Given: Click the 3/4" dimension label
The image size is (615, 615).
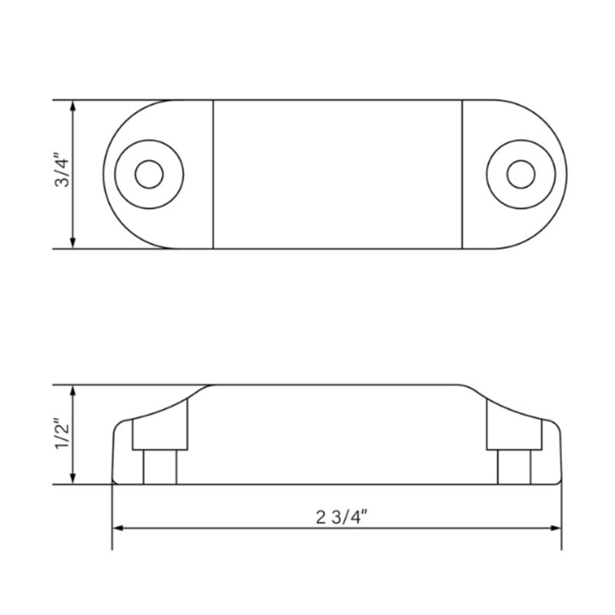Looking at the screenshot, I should click(62, 172).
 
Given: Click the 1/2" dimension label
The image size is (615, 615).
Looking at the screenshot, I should click(62, 436).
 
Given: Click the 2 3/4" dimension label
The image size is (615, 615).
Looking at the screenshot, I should click(337, 516).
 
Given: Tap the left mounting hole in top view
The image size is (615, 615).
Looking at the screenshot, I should click(148, 174).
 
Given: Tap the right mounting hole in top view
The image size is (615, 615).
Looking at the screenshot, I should click(520, 173).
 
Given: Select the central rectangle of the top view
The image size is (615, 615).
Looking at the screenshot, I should click(337, 174).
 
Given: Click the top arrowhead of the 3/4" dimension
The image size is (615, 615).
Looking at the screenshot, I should click(73, 106).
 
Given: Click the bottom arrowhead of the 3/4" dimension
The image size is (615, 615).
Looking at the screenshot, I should click(73, 243).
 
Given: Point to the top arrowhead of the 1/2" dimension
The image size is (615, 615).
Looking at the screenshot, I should click(73, 391).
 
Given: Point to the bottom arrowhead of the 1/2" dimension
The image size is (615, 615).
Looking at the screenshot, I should click(73, 479).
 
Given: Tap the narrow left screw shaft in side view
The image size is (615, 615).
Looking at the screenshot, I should click(161, 467).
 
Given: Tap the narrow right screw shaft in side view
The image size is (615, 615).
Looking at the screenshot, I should click(514, 467).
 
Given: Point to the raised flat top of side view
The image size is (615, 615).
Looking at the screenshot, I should click(337, 385).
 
